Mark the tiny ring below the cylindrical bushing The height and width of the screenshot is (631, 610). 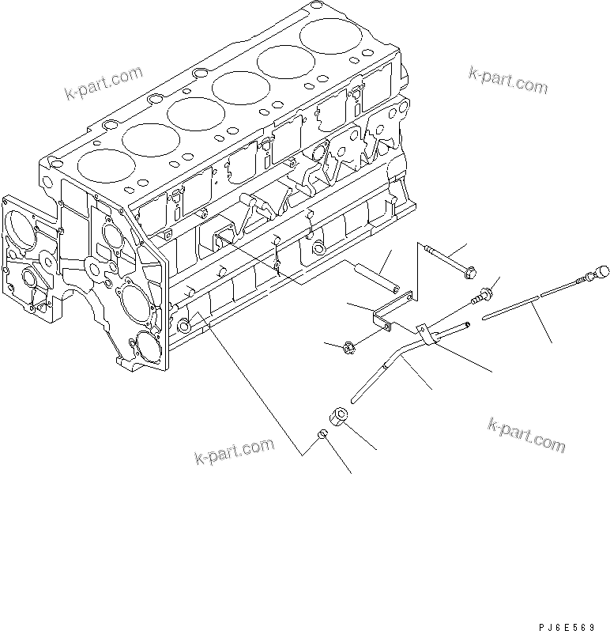(x=322, y=434)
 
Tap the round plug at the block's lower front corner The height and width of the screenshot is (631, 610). (x=184, y=324)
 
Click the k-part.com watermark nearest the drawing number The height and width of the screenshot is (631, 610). (x=526, y=436)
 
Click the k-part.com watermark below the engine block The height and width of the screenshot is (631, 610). (x=234, y=452)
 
